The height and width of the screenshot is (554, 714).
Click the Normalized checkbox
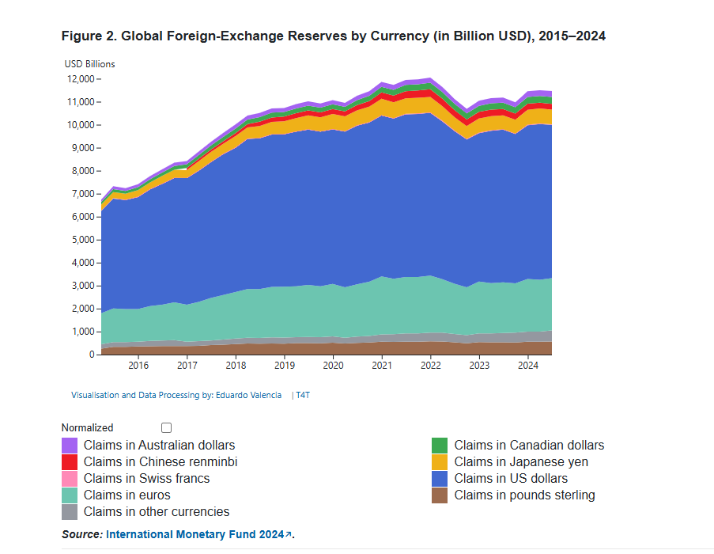tap(166, 427)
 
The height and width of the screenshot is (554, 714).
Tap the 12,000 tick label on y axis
tap(81, 79)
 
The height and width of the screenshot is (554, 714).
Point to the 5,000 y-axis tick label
tap(83, 240)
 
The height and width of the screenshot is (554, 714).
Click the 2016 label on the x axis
tap(138, 366)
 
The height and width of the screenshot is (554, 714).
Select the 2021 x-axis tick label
tap(382, 366)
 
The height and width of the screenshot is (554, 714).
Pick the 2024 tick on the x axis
tap(528, 366)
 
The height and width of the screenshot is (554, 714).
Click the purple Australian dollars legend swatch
tap(70, 446)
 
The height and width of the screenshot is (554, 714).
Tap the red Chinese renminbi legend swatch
tap(70, 462)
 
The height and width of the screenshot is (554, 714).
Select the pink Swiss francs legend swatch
tap(70, 479)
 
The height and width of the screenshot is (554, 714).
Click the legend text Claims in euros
tap(127, 495)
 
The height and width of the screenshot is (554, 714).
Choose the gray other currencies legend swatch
tap(70, 512)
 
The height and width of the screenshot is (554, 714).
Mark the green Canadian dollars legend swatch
tap(440, 446)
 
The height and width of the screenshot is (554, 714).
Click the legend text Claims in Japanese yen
tap(520, 462)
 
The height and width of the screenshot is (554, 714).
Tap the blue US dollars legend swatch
tap(440, 479)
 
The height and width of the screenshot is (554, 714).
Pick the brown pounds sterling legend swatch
tap(440, 495)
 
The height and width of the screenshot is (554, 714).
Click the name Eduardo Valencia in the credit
tap(249, 395)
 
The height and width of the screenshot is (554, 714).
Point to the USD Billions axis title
tap(89, 64)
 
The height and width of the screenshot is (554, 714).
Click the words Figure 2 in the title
tap(86, 36)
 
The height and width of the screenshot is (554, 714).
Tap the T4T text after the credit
tap(303, 395)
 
